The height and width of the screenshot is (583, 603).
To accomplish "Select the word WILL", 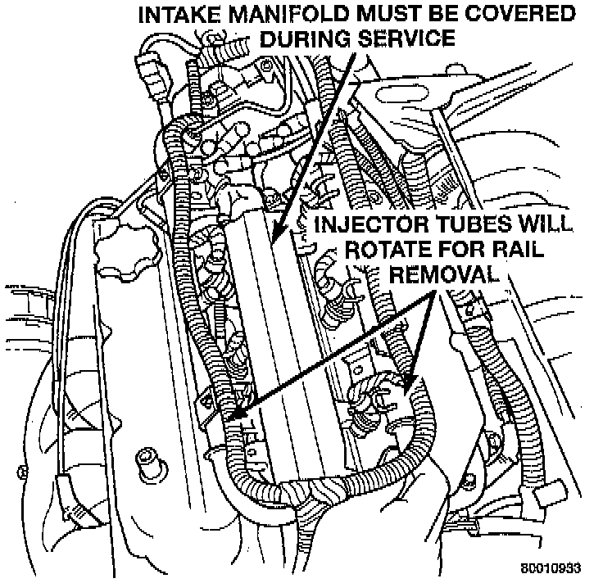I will (x=550, y=226).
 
